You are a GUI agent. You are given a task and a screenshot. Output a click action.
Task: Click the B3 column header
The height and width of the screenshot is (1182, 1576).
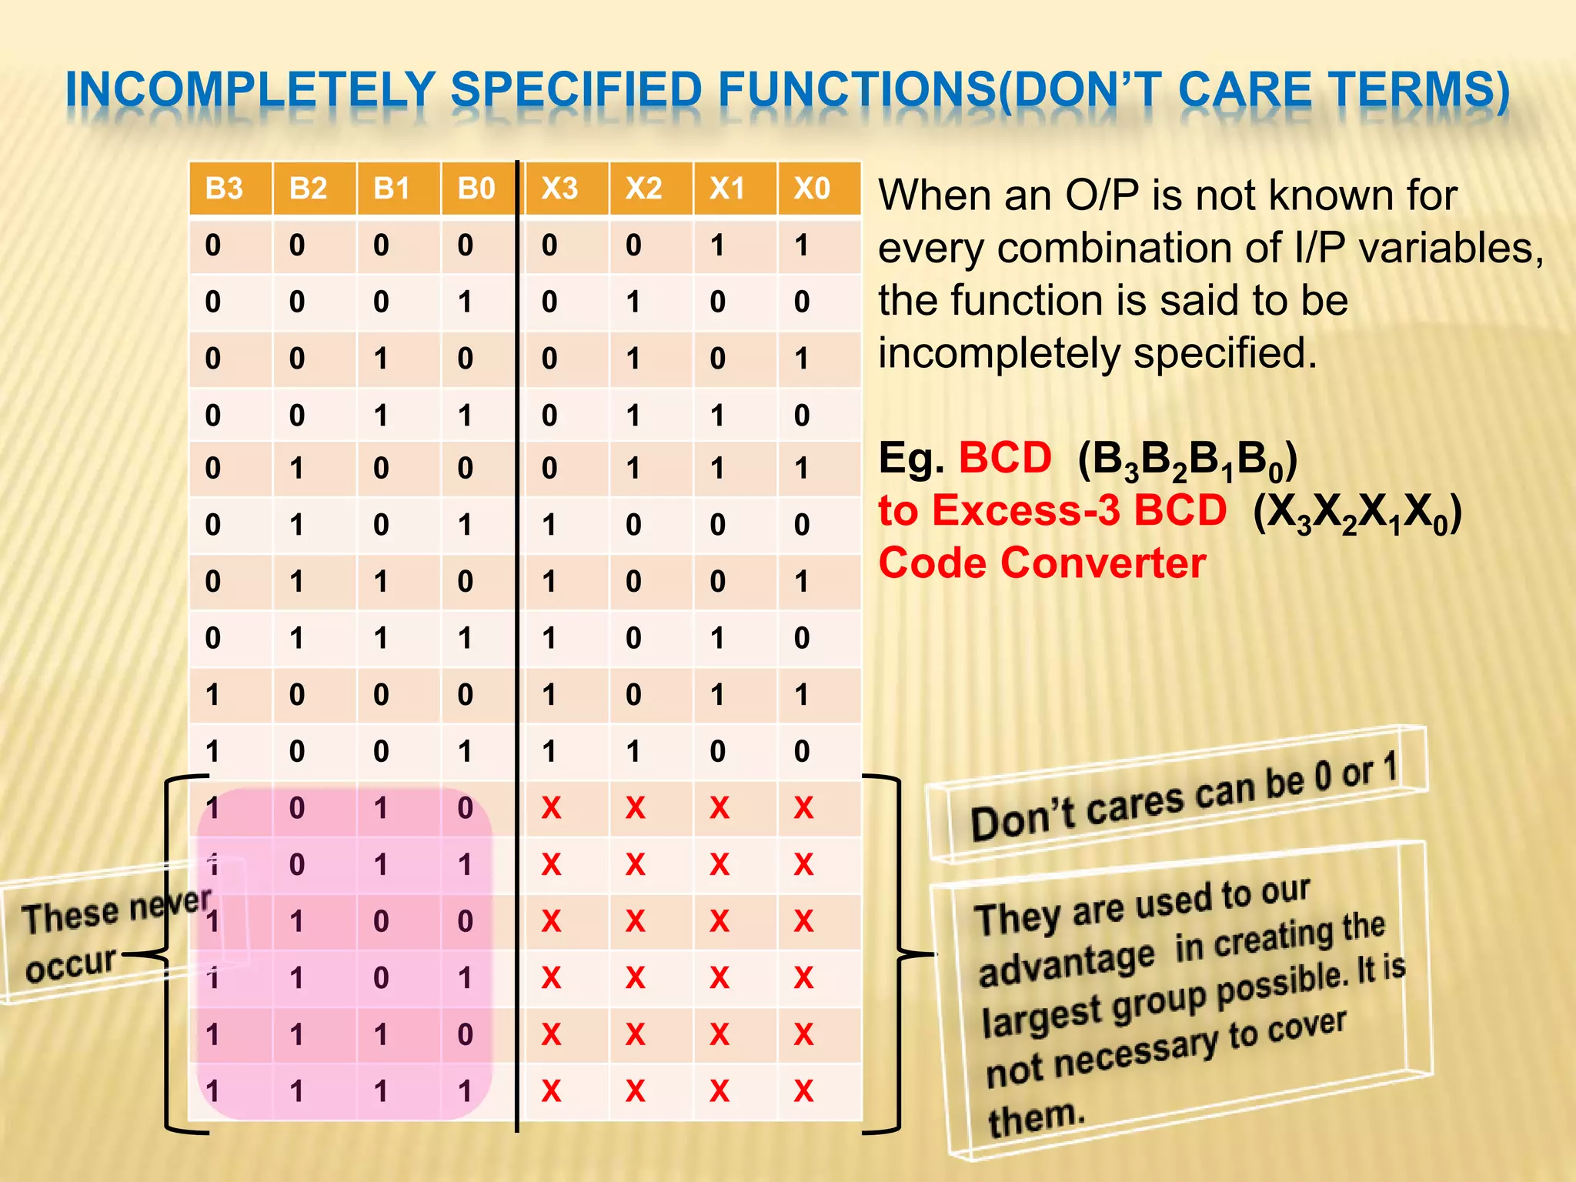pyautogui.click(x=224, y=189)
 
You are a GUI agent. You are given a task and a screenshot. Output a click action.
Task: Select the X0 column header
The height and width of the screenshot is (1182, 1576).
pyautogui.click(x=812, y=189)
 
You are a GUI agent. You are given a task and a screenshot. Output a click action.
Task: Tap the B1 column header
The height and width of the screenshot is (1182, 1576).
pyautogui.click(x=392, y=189)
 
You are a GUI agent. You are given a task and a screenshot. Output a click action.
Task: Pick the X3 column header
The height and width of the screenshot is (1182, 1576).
pyautogui.click(x=559, y=189)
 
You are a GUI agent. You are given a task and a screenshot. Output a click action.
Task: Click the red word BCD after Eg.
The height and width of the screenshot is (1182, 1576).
pyautogui.click(x=1004, y=458)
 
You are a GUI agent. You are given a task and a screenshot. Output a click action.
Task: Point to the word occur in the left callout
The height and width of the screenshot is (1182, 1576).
pyautogui.click(x=71, y=964)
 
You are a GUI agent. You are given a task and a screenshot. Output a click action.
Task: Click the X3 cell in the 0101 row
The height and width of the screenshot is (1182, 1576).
pyautogui.click(x=549, y=525)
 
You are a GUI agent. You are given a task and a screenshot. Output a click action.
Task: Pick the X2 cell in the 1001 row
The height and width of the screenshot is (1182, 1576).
pyautogui.click(x=633, y=751)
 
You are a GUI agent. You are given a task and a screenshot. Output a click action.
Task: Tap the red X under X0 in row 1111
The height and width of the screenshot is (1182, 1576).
pyautogui.click(x=803, y=1091)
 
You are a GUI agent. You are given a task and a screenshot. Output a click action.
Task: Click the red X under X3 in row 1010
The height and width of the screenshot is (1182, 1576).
pyautogui.click(x=551, y=808)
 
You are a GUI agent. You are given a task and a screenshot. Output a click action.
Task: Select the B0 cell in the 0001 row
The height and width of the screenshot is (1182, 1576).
pyautogui.click(x=465, y=302)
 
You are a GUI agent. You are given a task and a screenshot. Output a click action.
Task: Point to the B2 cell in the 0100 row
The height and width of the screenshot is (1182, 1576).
pyautogui.click(x=297, y=468)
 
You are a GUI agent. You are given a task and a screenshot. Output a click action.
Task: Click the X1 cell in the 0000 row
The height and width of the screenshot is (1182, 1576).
pyautogui.click(x=717, y=245)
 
